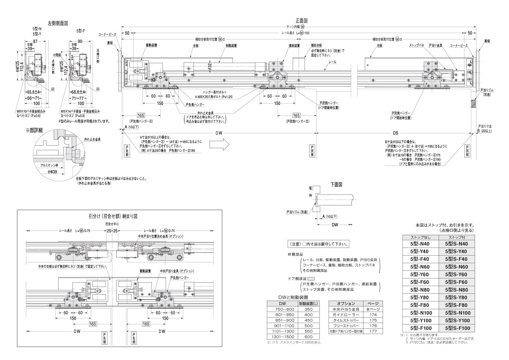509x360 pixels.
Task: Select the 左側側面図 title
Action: click(58, 23)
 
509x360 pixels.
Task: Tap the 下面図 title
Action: click(336, 185)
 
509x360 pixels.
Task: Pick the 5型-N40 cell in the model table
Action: click(420, 244)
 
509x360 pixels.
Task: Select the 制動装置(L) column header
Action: click(308, 304)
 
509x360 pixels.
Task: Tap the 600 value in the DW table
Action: click(308, 337)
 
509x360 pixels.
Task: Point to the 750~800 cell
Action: click(282, 309)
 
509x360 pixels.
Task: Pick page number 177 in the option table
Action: click(373, 331)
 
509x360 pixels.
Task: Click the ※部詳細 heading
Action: click(35, 130)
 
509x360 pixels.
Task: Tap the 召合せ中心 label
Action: click(112, 223)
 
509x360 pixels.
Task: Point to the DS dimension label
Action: click(395, 132)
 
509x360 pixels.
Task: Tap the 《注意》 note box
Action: click(318, 244)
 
